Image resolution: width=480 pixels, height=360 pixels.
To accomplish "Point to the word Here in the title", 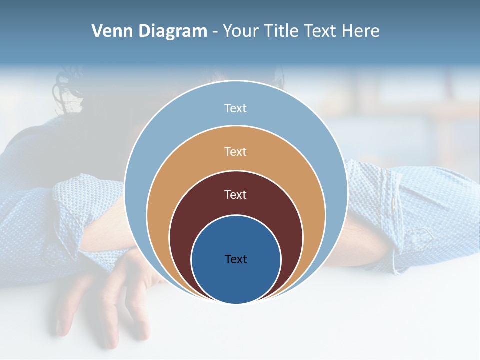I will click(360, 31).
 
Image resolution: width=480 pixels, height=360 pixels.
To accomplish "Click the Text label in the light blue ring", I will click(236, 108).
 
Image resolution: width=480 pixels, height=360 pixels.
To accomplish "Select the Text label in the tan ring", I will click(236, 151).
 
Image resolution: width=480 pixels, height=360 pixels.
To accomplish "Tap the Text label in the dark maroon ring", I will click(236, 194).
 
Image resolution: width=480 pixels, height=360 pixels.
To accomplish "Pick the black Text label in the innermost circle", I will click(236, 259).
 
